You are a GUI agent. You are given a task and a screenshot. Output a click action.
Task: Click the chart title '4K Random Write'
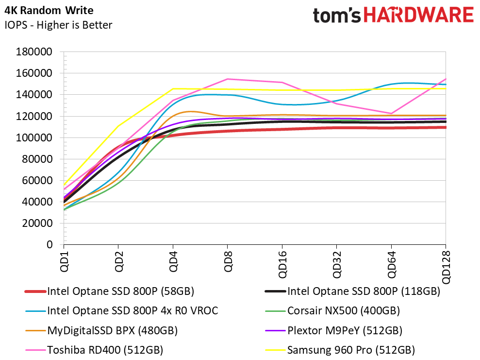(x=49, y=10)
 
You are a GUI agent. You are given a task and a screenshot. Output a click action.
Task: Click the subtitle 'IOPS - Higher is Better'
(x=58, y=25)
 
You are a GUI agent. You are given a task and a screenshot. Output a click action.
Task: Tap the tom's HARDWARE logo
(x=393, y=16)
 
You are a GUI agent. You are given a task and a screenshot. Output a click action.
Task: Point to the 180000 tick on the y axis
(x=34, y=52)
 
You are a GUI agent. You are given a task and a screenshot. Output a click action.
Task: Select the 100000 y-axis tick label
(x=34, y=137)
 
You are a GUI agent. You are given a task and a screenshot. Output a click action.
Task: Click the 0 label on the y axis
(x=50, y=244)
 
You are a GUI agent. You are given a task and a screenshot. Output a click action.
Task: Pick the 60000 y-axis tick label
(x=37, y=180)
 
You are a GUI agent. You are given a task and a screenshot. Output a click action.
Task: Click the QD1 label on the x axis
(x=64, y=262)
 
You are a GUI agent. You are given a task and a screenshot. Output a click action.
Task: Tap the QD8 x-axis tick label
(x=228, y=262)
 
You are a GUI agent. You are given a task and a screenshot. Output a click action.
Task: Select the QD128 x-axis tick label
(x=446, y=268)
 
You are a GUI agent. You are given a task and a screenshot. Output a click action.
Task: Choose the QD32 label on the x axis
(x=337, y=265)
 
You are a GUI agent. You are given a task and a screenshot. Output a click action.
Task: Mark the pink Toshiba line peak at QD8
(x=228, y=79)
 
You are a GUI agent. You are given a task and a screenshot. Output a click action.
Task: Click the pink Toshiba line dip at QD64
(x=391, y=114)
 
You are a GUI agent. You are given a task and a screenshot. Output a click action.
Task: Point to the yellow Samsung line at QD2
(x=118, y=126)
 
